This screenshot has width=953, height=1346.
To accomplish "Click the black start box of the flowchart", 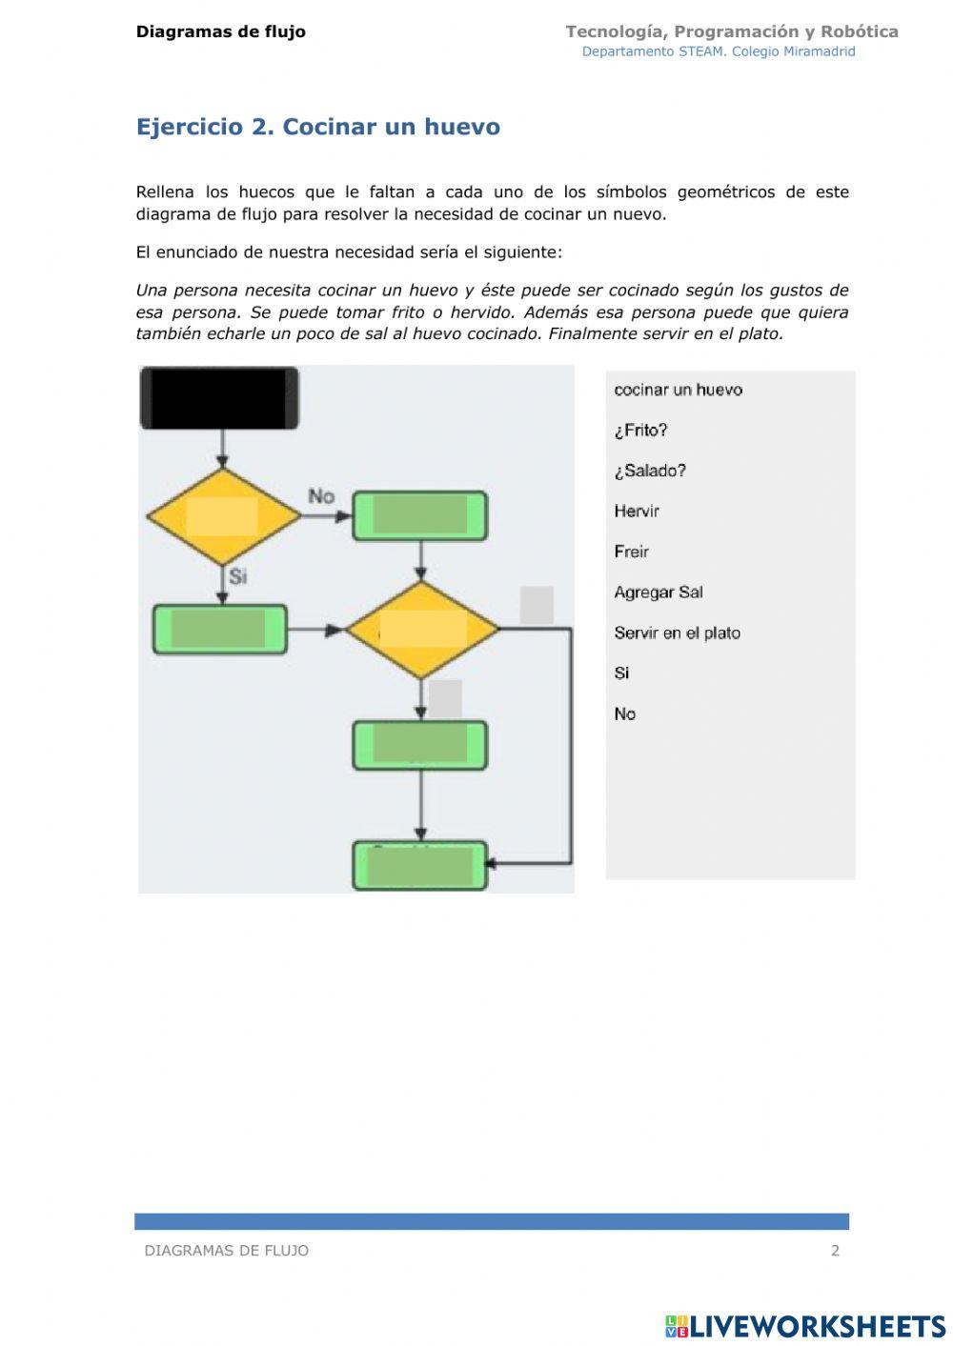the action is pyautogui.click(x=219, y=397).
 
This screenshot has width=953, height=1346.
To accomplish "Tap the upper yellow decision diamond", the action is pyautogui.click(x=223, y=516).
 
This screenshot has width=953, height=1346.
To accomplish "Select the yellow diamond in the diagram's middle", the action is pyautogui.click(x=422, y=630).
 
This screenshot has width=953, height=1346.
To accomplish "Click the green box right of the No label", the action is pyautogui.click(x=420, y=515).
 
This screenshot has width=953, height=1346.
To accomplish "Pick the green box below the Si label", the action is pyautogui.click(x=220, y=629).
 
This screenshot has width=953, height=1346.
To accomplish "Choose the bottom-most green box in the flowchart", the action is pyautogui.click(x=420, y=865).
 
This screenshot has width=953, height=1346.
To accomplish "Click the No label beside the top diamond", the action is pyautogui.click(x=321, y=496).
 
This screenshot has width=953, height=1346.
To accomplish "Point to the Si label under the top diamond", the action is pyautogui.click(x=238, y=576).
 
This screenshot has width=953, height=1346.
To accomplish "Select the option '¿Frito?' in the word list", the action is pyautogui.click(x=640, y=431).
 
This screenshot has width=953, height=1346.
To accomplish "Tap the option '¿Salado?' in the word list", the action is pyautogui.click(x=650, y=471).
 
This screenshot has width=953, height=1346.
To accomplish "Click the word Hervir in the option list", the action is pyautogui.click(x=637, y=512).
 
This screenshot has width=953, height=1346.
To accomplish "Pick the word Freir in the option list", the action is pyautogui.click(x=631, y=552).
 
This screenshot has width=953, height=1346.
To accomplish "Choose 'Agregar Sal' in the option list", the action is pyautogui.click(x=659, y=593).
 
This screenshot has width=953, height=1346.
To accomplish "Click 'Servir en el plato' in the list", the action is pyautogui.click(x=677, y=633).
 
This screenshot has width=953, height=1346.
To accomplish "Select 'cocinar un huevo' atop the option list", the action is pyautogui.click(x=678, y=390).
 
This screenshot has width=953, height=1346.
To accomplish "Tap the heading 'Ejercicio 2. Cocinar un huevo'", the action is pyautogui.click(x=317, y=127).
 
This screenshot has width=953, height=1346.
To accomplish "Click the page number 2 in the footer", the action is pyautogui.click(x=835, y=1251).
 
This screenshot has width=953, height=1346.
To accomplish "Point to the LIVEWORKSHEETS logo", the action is pyautogui.click(x=805, y=1325).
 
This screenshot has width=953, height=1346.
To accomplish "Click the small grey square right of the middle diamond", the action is pyautogui.click(x=537, y=605).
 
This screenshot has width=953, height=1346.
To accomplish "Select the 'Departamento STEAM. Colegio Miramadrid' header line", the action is pyautogui.click(x=719, y=51).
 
